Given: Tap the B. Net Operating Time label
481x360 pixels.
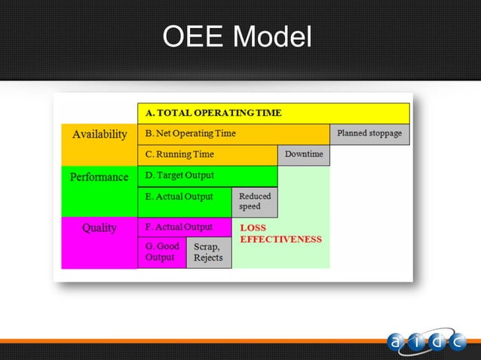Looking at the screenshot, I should tap(191, 134).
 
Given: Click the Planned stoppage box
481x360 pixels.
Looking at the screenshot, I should tap(369, 134).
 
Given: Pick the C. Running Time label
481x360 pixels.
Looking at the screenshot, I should tap(179, 154).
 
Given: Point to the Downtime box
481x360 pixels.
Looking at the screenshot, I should tap(304, 155).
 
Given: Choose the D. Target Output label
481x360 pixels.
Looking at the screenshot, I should tap(179, 175).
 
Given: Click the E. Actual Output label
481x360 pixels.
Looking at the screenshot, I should tap(179, 197).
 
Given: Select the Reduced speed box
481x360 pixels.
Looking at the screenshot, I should tap(254, 202).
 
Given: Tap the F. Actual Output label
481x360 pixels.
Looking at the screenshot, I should tap(179, 227).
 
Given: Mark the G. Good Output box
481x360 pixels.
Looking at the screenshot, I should tap(161, 252).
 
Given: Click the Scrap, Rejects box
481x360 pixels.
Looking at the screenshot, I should tap(209, 252).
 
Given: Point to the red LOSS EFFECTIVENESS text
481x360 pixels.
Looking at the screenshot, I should tap(280, 233).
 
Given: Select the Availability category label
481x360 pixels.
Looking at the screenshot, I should tap(100, 134).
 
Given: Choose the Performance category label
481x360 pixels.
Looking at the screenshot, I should tap(100, 177).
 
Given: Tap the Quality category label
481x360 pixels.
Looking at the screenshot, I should tap(100, 227).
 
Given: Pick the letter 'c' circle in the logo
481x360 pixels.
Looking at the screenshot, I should tap(458, 343).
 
